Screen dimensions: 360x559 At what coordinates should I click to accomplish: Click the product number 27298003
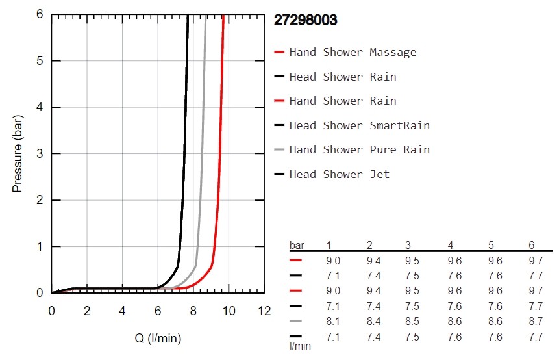coord(305,20)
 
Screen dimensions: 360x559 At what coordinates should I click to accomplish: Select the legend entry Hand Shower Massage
coord(353,52)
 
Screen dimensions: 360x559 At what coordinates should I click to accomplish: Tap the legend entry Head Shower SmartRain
coord(359,125)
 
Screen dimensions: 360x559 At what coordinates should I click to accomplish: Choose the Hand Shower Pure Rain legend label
coord(359,149)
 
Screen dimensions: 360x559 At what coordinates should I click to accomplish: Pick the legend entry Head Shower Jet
coord(339,174)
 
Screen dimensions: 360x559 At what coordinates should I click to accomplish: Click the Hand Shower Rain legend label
coord(343,101)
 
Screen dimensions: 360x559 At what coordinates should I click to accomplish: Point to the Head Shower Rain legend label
coord(343,77)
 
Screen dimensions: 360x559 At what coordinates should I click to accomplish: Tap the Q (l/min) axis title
coord(158,338)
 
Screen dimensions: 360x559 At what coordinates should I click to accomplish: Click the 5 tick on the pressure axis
coord(40,61)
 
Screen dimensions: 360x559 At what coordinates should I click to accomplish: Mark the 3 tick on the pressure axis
coord(40,154)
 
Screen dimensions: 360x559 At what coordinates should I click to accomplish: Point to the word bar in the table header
coord(296,245)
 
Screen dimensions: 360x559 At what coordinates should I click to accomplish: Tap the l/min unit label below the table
coord(301,346)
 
